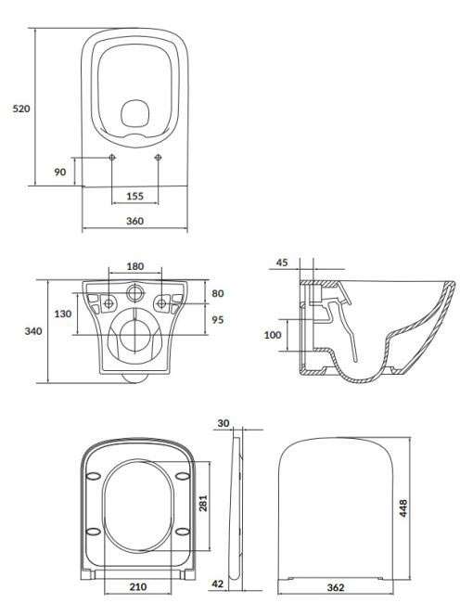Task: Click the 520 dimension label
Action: click(21, 109)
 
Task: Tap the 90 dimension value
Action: click(59, 172)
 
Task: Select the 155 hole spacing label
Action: click(134, 196)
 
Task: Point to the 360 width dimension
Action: click(134, 221)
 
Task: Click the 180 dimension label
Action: click(134, 266)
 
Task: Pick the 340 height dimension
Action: click(33, 331)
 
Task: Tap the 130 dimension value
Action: click(63, 314)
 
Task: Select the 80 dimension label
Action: click(218, 293)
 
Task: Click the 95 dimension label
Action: click(218, 320)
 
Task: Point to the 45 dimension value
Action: click(282, 262)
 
